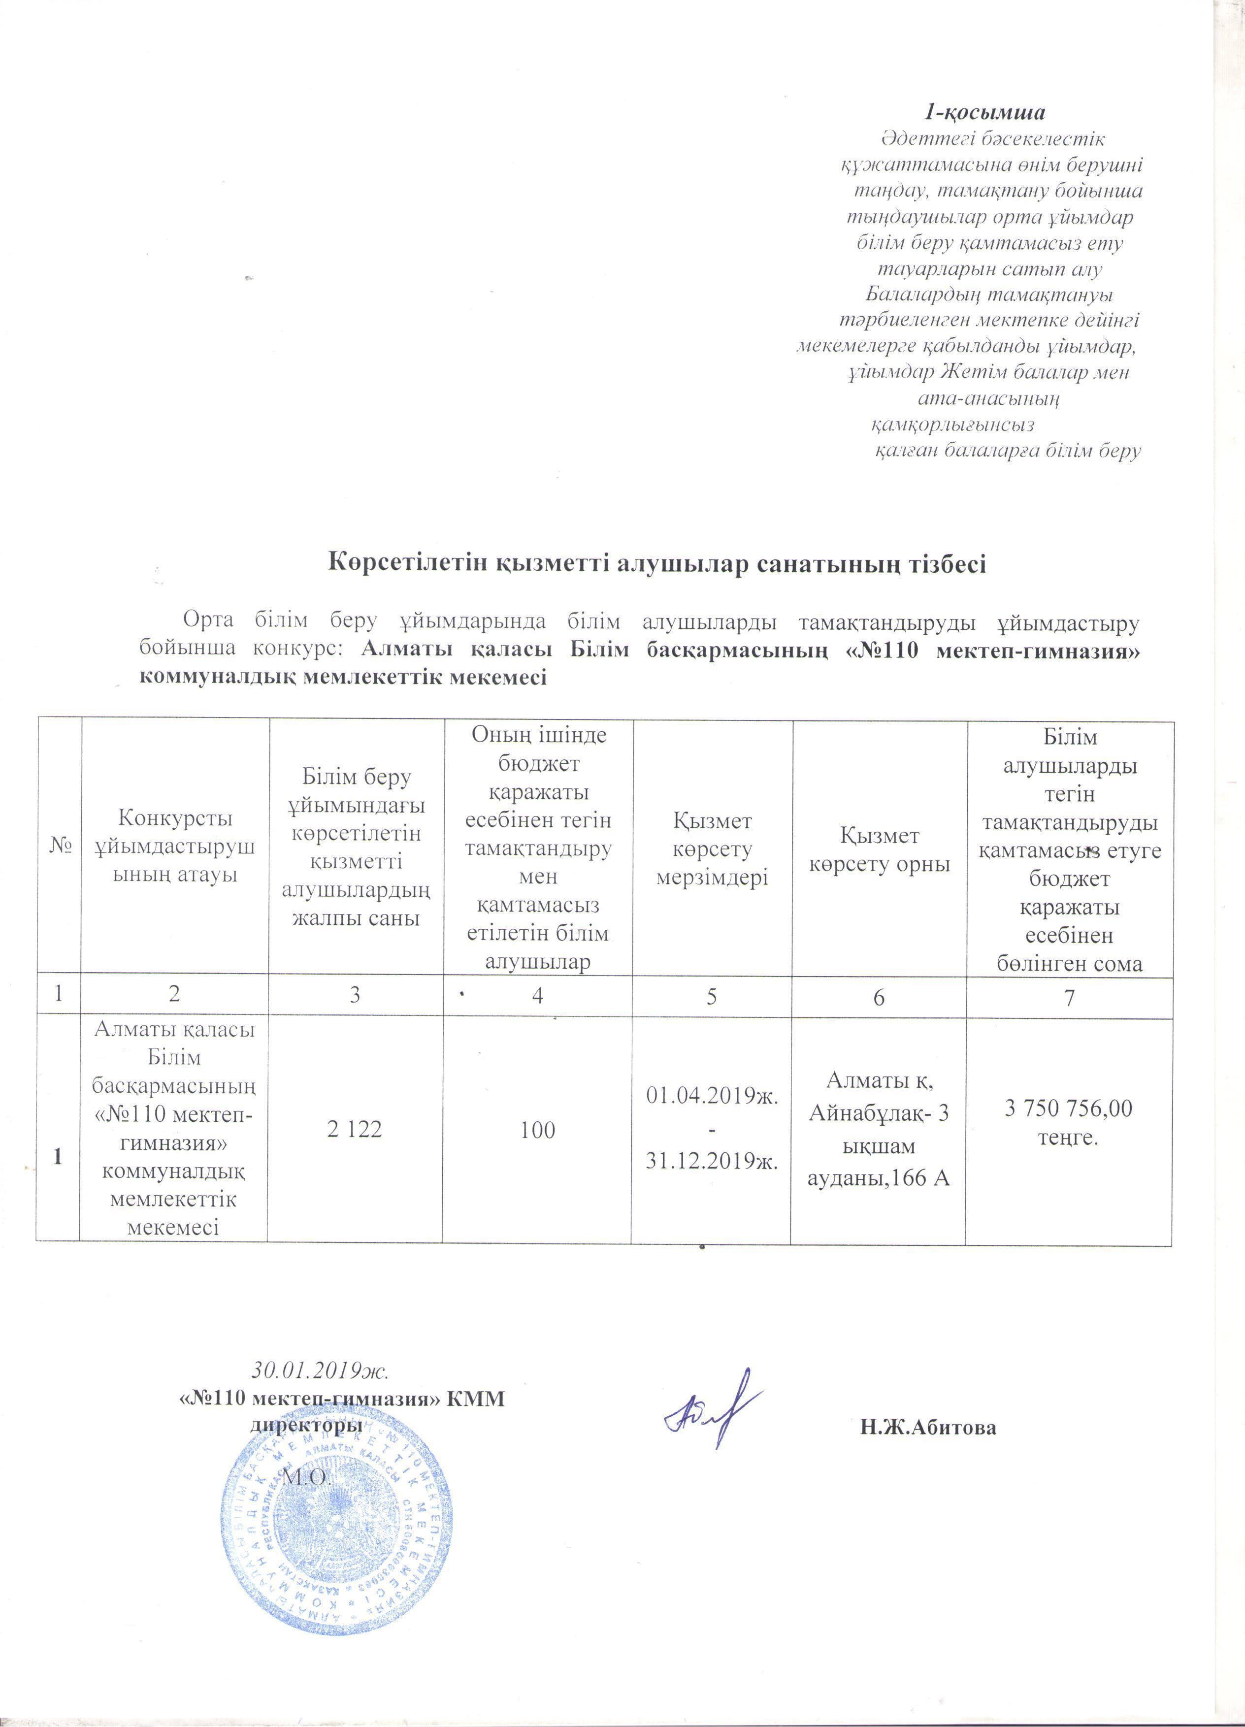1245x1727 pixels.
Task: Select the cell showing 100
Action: tap(538, 1130)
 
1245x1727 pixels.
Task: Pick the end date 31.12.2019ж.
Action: tap(711, 1164)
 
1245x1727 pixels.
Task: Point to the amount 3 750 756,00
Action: tap(1068, 1108)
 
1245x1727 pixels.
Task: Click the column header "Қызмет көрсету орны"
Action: tap(880, 850)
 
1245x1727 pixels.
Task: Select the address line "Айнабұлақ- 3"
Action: tap(879, 1114)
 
